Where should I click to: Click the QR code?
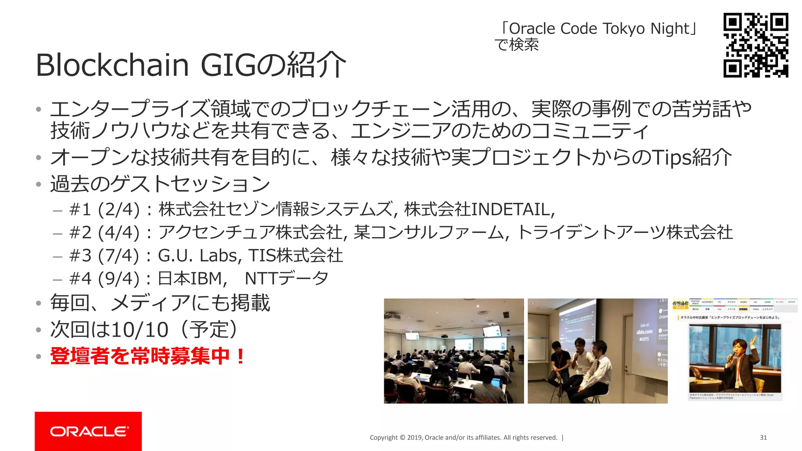pos(755,45)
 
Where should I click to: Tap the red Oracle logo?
pos(88,431)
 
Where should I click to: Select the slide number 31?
pos(763,438)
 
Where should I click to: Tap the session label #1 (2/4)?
pos(104,210)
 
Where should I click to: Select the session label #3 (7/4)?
pos(104,256)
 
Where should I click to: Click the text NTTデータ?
pos(286,279)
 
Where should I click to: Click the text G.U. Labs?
pos(200,256)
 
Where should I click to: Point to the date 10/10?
pos(139,330)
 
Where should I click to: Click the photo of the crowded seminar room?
pos(453,351)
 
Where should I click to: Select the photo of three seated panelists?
pos(597,351)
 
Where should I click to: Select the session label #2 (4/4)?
pos(104,233)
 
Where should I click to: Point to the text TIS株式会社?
pos(296,256)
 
